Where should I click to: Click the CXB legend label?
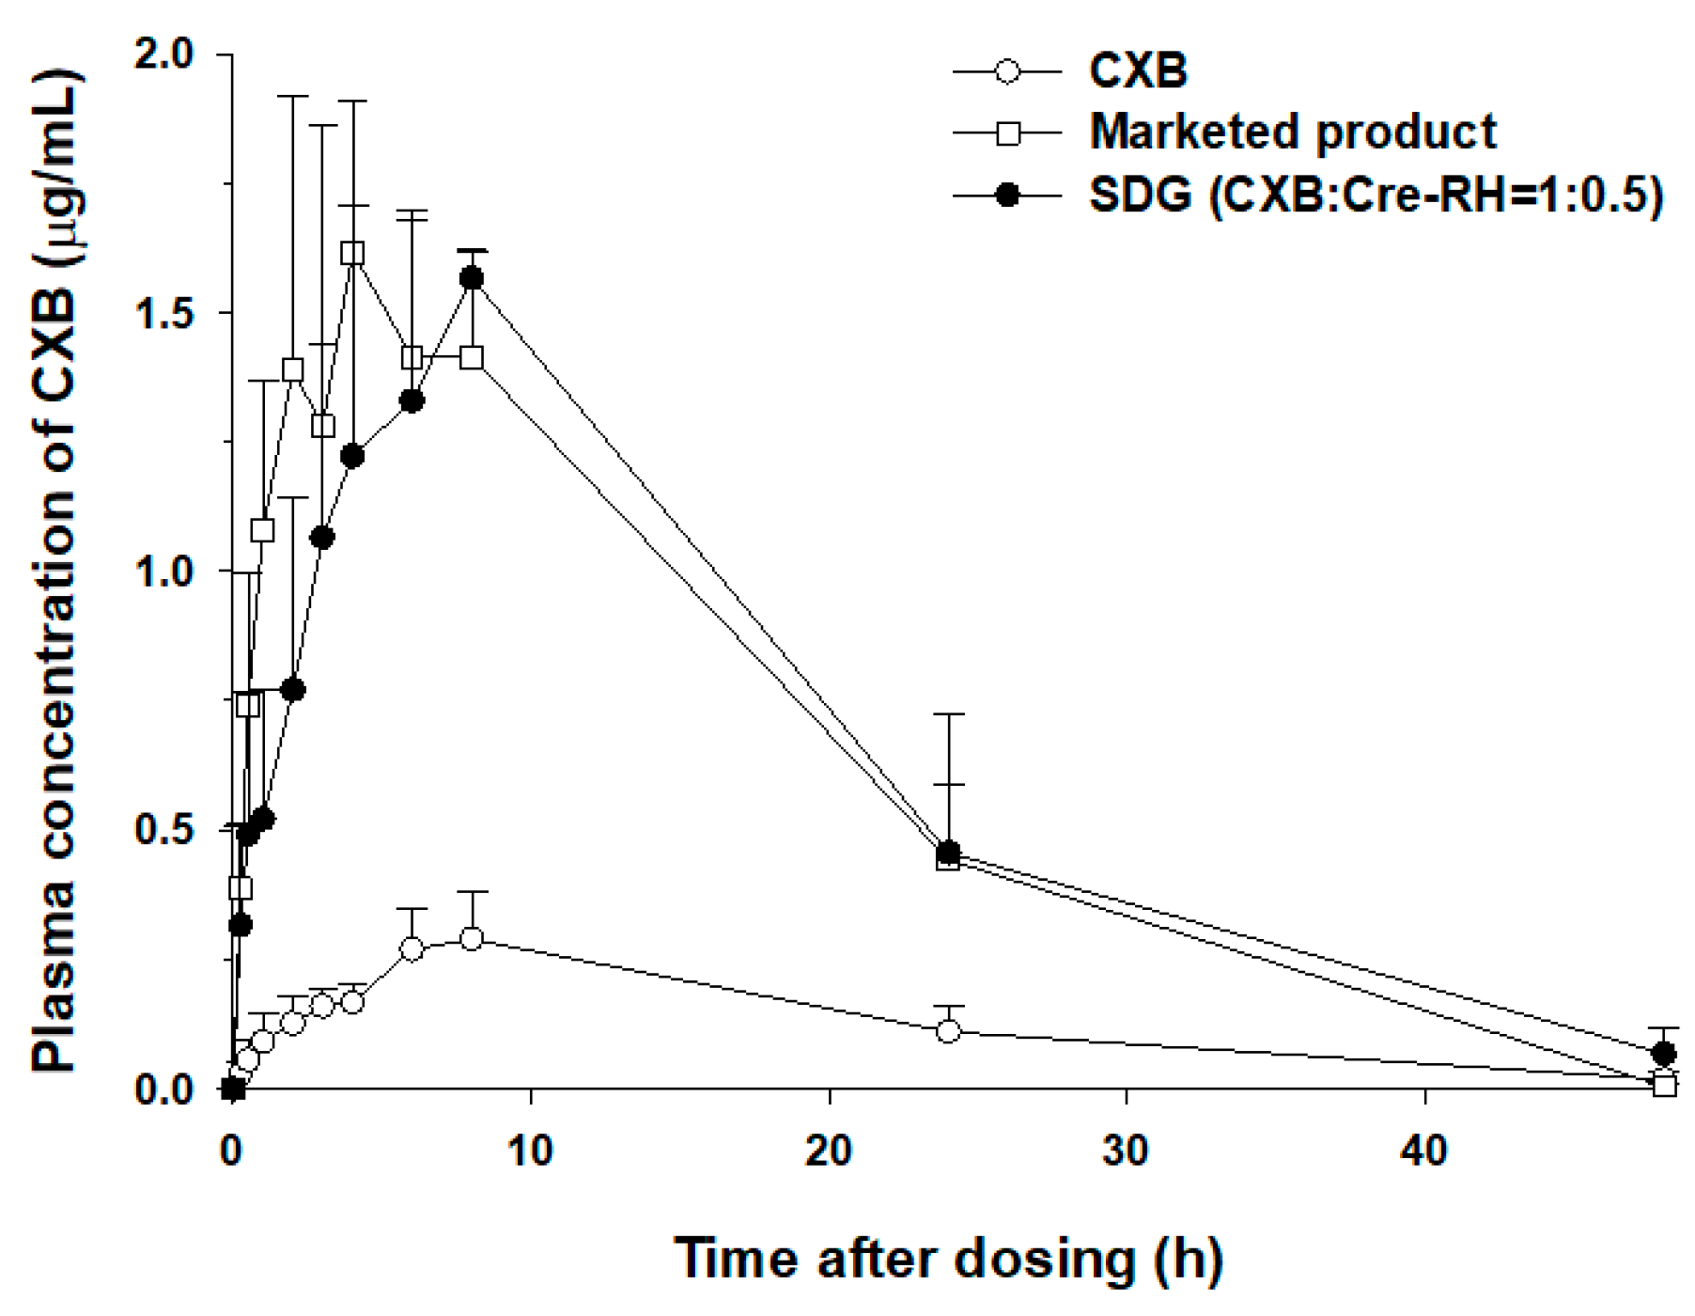(1137, 71)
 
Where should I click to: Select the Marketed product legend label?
(1292, 133)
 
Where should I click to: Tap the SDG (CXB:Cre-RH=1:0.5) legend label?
(1376, 196)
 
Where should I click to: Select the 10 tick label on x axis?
(530, 1150)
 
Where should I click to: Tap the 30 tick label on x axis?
(1127, 1150)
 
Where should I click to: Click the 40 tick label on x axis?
(1424, 1150)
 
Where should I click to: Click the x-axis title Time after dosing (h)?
(949, 1260)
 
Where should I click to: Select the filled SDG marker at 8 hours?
(472, 278)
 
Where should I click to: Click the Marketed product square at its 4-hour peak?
(352, 253)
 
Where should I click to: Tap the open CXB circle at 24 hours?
(949, 1031)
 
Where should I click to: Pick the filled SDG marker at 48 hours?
(1664, 1053)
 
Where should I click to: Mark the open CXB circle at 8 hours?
(472, 938)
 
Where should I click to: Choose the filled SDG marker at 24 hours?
(949, 852)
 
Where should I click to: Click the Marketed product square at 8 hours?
(472, 357)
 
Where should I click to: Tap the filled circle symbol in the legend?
(1007, 196)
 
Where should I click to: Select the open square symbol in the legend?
(1007, 133)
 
